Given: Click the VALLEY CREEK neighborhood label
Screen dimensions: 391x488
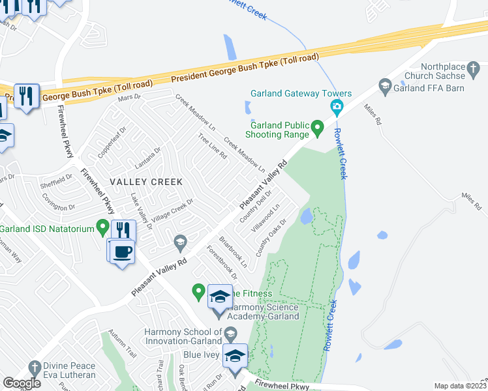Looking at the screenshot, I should click(146, 181).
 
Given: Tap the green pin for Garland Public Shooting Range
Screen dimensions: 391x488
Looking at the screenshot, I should click(318, 128).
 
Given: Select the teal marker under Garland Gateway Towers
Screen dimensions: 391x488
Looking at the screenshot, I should click(337, 108).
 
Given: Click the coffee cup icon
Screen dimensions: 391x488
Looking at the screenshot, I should click(122, 252).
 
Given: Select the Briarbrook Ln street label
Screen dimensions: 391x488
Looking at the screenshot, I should click(234, 252).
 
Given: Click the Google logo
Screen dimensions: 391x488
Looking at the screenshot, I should click(22, 383).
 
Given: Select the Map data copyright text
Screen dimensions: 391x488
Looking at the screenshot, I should click(461, 386).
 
